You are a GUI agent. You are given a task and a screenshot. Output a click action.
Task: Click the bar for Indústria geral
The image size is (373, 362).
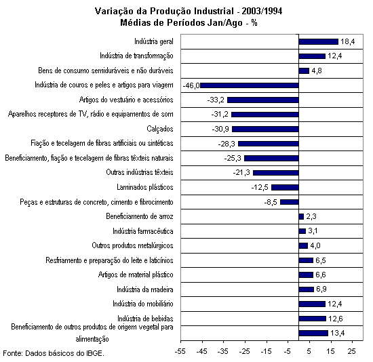pyautogui.click(x=318, y=41)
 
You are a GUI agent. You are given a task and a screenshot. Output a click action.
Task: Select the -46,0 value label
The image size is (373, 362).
pyautogui.click(x=191, y=85)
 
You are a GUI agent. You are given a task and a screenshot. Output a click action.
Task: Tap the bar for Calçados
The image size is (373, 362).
pyautogui.click(x=265, y=129)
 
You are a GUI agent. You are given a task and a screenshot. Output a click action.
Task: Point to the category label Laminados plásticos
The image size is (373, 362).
pyautogui.click(x=145, y=187)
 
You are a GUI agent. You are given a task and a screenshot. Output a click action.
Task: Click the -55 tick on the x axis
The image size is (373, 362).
pyautogui.click(x=180, y=351)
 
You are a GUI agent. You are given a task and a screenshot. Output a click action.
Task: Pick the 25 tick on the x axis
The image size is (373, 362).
pyautogui.click(x=352, y=351)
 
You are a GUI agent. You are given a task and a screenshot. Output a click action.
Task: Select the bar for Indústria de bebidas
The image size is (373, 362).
pyautogui.click(x=313, y=319)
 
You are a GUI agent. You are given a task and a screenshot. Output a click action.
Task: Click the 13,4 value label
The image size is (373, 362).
pyautogui.click(x=337, y=333)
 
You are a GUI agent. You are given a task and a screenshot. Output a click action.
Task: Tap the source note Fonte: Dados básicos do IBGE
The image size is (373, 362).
pyautogui.click(x=54, y=353)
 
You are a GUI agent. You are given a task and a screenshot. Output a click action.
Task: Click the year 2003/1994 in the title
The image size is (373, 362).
pyautogui.click(x=262, y=11)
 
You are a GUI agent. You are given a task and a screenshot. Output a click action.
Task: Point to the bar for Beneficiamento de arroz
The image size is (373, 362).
pyautogui.click(x=301, y=216)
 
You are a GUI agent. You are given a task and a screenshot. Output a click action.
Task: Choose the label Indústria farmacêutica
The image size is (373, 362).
pyautogui.click(x=142, y=231)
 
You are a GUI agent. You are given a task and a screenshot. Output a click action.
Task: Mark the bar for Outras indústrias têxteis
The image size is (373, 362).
pyautogui.click(x=276, y=173)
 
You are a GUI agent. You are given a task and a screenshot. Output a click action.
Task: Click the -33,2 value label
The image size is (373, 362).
pyautogui.click(x=216, y=100)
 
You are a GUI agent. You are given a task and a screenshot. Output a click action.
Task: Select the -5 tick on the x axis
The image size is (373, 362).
pyautogui.click(x=288, y=351)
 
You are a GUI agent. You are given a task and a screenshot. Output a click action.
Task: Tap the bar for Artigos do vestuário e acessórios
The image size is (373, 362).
pyautogui.click(x=263, y=100)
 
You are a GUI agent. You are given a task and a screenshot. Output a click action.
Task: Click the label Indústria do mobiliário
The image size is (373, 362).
pyautogui.click(x=142, y=304)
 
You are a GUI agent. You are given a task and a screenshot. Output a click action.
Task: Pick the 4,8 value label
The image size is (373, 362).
pyautogui.click(x=317, y=71)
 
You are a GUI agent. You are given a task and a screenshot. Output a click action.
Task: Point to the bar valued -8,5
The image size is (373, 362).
pyautogui.click(x=290, y=202)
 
